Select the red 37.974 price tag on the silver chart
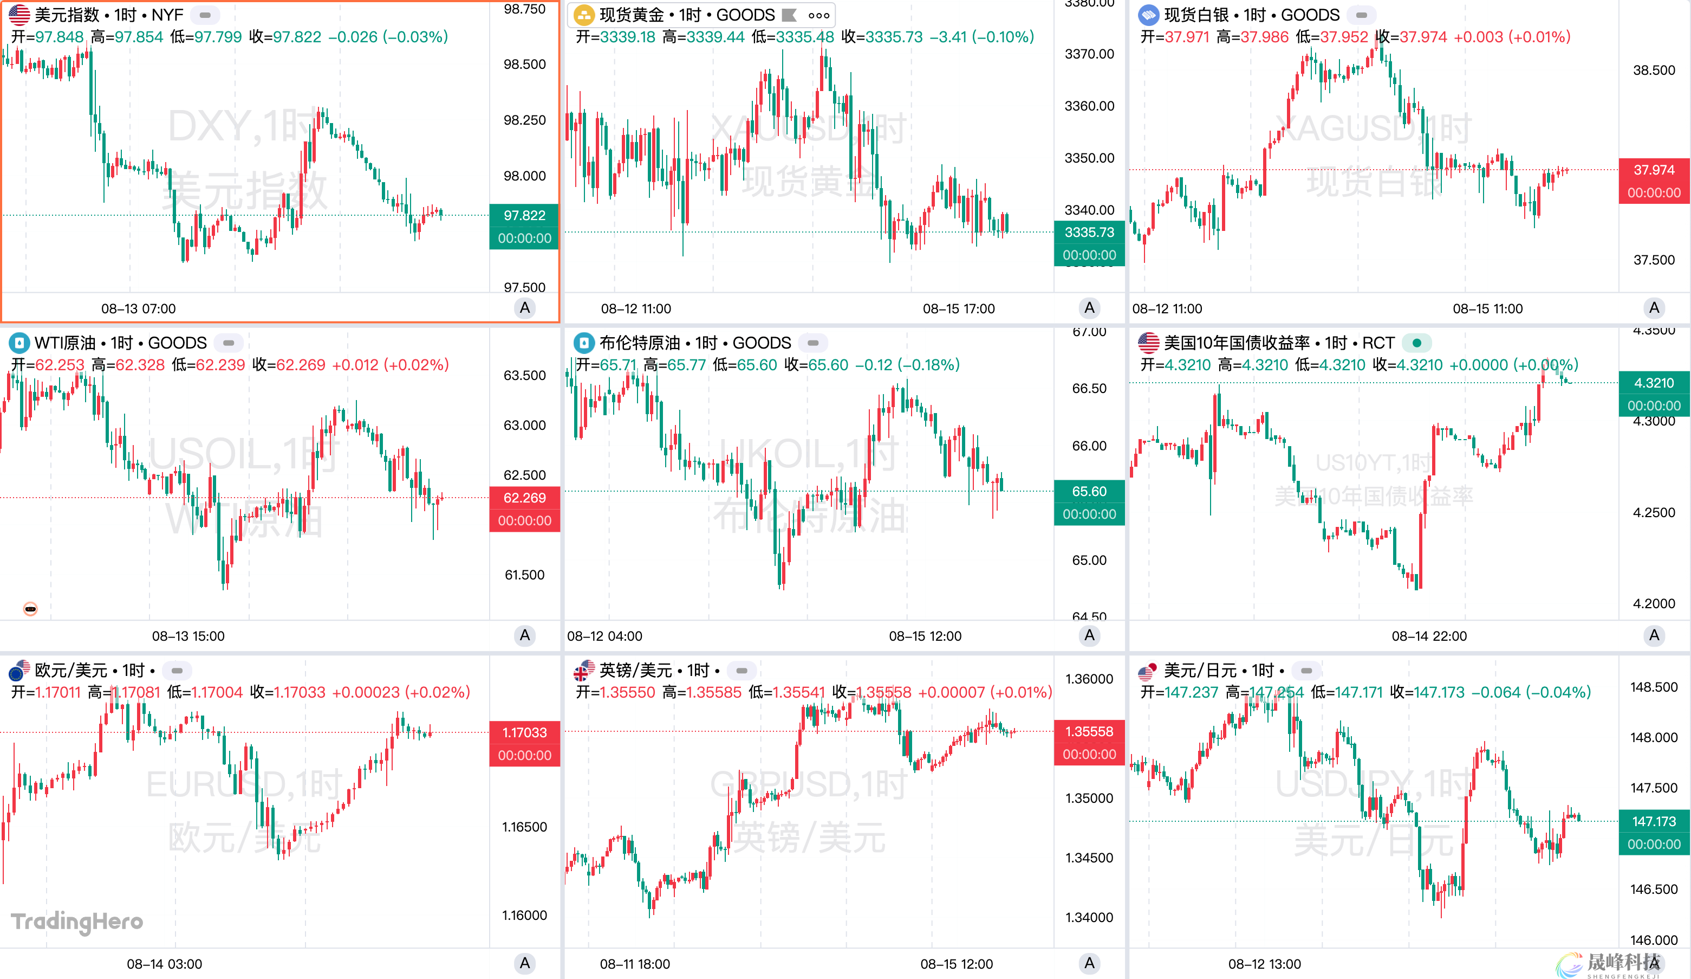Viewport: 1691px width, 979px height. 1654,170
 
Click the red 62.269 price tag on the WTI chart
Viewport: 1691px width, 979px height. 524,498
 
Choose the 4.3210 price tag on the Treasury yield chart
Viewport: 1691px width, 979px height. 1654,383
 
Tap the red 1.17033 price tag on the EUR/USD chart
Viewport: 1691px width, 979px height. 524,732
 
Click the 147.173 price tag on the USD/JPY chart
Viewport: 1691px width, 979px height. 1654,821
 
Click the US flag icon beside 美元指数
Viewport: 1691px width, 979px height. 19,15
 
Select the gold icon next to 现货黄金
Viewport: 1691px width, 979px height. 584,15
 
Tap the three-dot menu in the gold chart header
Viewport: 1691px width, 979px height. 818,15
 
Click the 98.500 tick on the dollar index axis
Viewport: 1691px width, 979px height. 524,65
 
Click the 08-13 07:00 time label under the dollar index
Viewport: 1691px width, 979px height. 138,309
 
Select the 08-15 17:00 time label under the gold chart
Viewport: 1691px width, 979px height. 958,309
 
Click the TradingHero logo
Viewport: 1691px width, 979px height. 77,921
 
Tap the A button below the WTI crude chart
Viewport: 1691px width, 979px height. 525,635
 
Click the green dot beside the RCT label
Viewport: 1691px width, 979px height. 1416,343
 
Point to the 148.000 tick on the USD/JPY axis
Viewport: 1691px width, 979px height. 1654,737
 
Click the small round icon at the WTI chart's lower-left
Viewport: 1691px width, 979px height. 30,609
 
